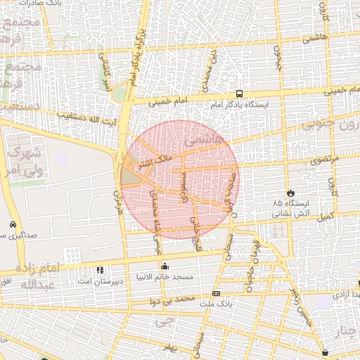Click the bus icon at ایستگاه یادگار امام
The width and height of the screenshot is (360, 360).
point(240,94)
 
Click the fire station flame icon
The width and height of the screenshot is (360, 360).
point(289,192)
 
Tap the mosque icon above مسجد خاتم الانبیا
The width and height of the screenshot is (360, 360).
point(165,266)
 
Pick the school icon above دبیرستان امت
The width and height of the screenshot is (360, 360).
point(99,269)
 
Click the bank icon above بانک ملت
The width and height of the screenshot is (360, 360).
point(216,293)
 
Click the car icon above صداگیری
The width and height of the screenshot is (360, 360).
point(13,224)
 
